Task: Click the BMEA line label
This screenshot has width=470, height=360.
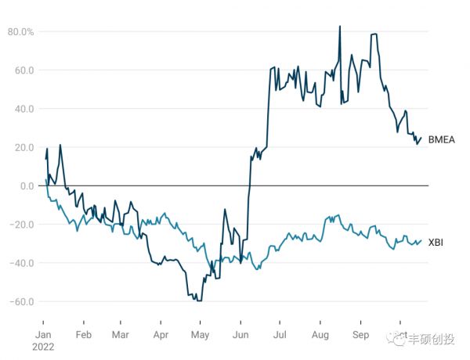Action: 441,139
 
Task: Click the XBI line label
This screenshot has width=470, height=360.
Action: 436,242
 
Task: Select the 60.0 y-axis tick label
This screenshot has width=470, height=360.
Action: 23,70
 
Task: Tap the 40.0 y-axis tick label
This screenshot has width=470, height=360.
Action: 23,109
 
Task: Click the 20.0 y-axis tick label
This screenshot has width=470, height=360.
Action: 23,147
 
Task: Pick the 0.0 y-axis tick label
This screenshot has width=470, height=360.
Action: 27,185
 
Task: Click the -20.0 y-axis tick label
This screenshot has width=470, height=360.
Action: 22,224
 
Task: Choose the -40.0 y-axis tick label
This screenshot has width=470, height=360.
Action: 22,263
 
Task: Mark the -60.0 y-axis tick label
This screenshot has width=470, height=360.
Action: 22,301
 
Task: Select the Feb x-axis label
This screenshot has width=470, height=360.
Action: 84,333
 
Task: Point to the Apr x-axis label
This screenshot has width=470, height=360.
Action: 160,333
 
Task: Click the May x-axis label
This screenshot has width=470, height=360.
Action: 200,333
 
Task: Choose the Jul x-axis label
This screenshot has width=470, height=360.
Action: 279,333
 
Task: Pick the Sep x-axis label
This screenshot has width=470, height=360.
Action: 360,333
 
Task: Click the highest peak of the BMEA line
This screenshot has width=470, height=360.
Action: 339,26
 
